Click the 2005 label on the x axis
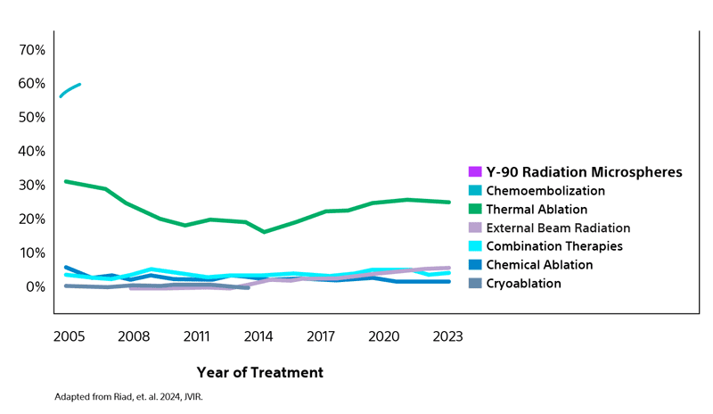70,337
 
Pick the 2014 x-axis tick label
258,337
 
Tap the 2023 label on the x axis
447,337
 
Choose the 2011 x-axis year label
196,337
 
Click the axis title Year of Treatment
259,372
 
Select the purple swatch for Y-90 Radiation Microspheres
475,172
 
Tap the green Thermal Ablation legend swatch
475,210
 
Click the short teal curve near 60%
70,89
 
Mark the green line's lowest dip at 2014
264,232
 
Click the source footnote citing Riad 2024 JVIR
128,396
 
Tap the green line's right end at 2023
449,203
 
